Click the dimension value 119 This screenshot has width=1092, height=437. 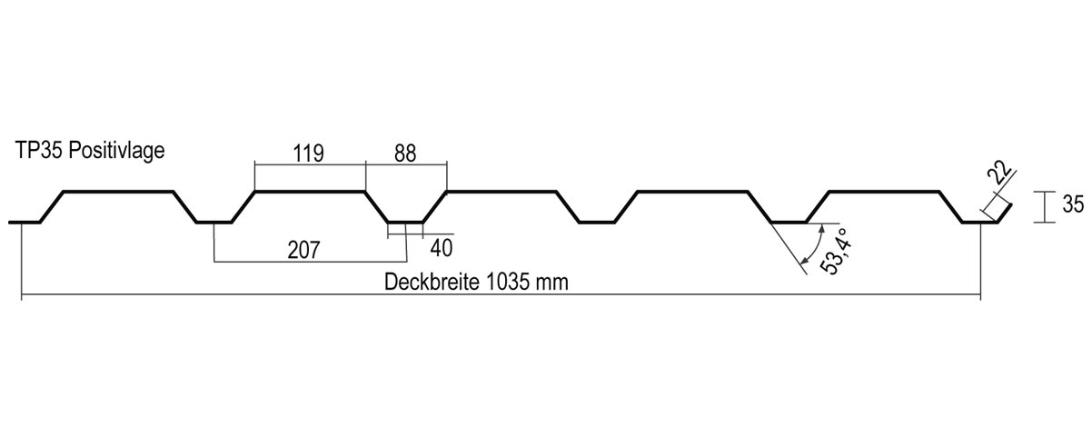click(x=308, y=154)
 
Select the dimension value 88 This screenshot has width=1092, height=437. click(x=405, y=154)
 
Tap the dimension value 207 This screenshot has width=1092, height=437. click(x=303, y=250)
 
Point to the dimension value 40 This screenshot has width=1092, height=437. click(x=442, y=248)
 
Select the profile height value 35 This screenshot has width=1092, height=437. click(x=1074, y=204)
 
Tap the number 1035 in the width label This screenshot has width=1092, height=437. click(x=507, y=282)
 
